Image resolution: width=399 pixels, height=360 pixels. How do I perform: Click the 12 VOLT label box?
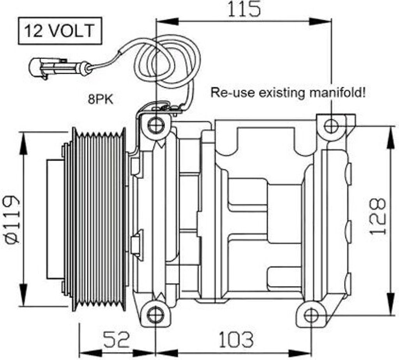tap(60, 31)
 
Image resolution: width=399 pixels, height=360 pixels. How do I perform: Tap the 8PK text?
tap(101, 99)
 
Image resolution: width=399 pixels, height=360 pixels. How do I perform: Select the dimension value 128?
tap(377, 217)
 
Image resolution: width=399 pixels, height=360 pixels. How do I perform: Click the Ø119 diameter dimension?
tap(12, 219)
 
